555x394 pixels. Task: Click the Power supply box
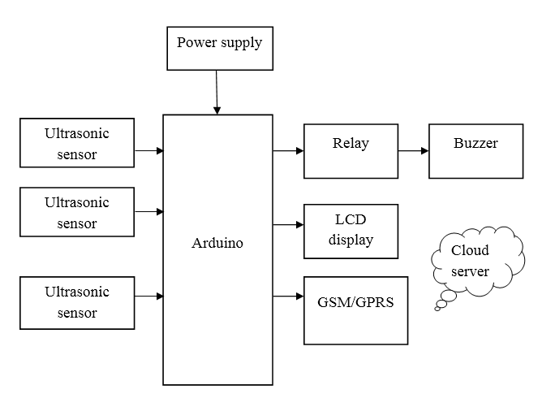point(219,48)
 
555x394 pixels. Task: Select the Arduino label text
point(217,243)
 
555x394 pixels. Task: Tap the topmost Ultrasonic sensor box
point(77,143)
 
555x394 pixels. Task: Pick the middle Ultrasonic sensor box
point(77,213)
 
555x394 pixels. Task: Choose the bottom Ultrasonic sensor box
point(77,302)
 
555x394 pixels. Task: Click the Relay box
point(351,151)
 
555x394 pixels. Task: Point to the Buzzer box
point(476,151)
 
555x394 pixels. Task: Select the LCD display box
point(351,230)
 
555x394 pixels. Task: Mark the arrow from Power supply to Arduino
point(217,92)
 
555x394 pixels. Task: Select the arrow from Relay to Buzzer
point(413,151)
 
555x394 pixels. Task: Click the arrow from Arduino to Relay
point(288,151)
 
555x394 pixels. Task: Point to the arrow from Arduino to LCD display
point(288,224)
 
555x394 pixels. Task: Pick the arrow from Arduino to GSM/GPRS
point(288,297)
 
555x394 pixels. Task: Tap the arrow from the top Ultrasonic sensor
point(149,150)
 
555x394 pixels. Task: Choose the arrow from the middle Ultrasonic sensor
point(149,212)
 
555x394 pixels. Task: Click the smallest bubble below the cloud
point(438,308)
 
